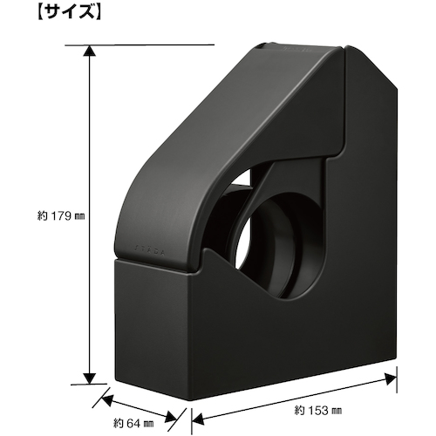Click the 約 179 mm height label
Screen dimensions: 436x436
point(61,216)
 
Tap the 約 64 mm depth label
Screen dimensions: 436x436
point(133,424)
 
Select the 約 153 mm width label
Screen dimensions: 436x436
point(318,411)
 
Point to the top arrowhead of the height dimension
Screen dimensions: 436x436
point(90,51)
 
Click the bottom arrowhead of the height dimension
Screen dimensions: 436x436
point(90,378)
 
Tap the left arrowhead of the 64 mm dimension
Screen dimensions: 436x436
point(106,400)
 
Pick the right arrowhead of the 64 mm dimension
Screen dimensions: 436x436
point(171,417)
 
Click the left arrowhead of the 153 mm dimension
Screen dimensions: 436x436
point(198,419)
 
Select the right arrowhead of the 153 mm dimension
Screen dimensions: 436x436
point(391,379)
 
